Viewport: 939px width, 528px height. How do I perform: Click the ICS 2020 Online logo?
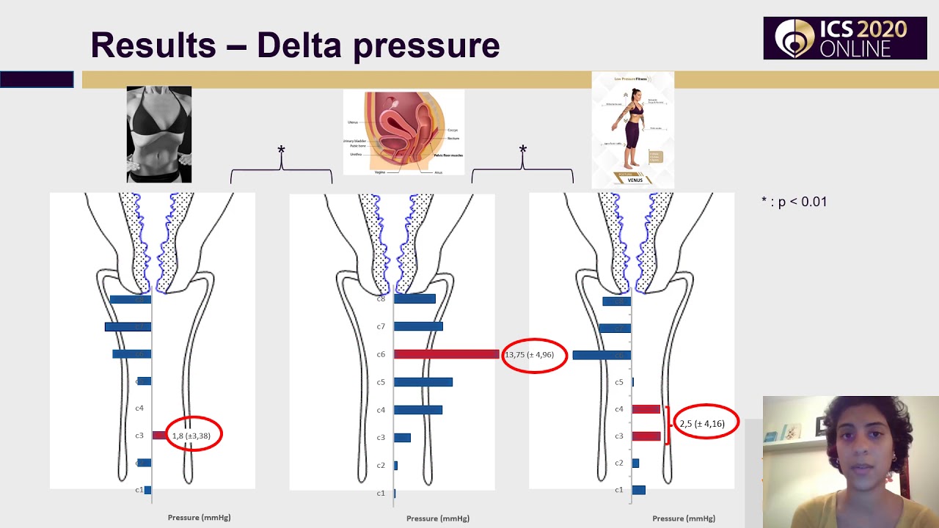point(844,38)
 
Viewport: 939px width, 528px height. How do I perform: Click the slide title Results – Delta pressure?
point(295,45)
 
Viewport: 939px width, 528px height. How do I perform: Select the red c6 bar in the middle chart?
point(446,354)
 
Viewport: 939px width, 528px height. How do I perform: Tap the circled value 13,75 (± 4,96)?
point(533,355)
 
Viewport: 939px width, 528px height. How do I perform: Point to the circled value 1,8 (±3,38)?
point(192,436)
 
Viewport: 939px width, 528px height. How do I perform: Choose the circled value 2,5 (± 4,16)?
point(704,423)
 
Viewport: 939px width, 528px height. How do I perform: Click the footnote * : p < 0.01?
point(794,202)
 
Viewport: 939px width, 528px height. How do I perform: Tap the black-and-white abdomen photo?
point(159,134)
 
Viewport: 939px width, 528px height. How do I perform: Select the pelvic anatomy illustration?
point(403,132)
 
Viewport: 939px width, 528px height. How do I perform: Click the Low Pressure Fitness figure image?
point(632,130)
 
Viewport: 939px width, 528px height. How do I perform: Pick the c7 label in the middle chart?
point(381,326)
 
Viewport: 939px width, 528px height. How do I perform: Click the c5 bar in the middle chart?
point(423,382)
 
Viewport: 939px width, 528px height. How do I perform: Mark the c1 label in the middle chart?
point(381,493)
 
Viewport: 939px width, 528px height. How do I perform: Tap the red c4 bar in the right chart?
point(646,409)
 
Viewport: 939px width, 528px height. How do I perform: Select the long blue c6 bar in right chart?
point(602,355)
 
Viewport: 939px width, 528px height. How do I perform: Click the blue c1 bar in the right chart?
point(638,490)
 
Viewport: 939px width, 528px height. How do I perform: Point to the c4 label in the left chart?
point(139,408)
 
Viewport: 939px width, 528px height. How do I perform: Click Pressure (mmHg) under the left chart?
point(199,517)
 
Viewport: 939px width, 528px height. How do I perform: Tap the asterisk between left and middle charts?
point(281,150)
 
